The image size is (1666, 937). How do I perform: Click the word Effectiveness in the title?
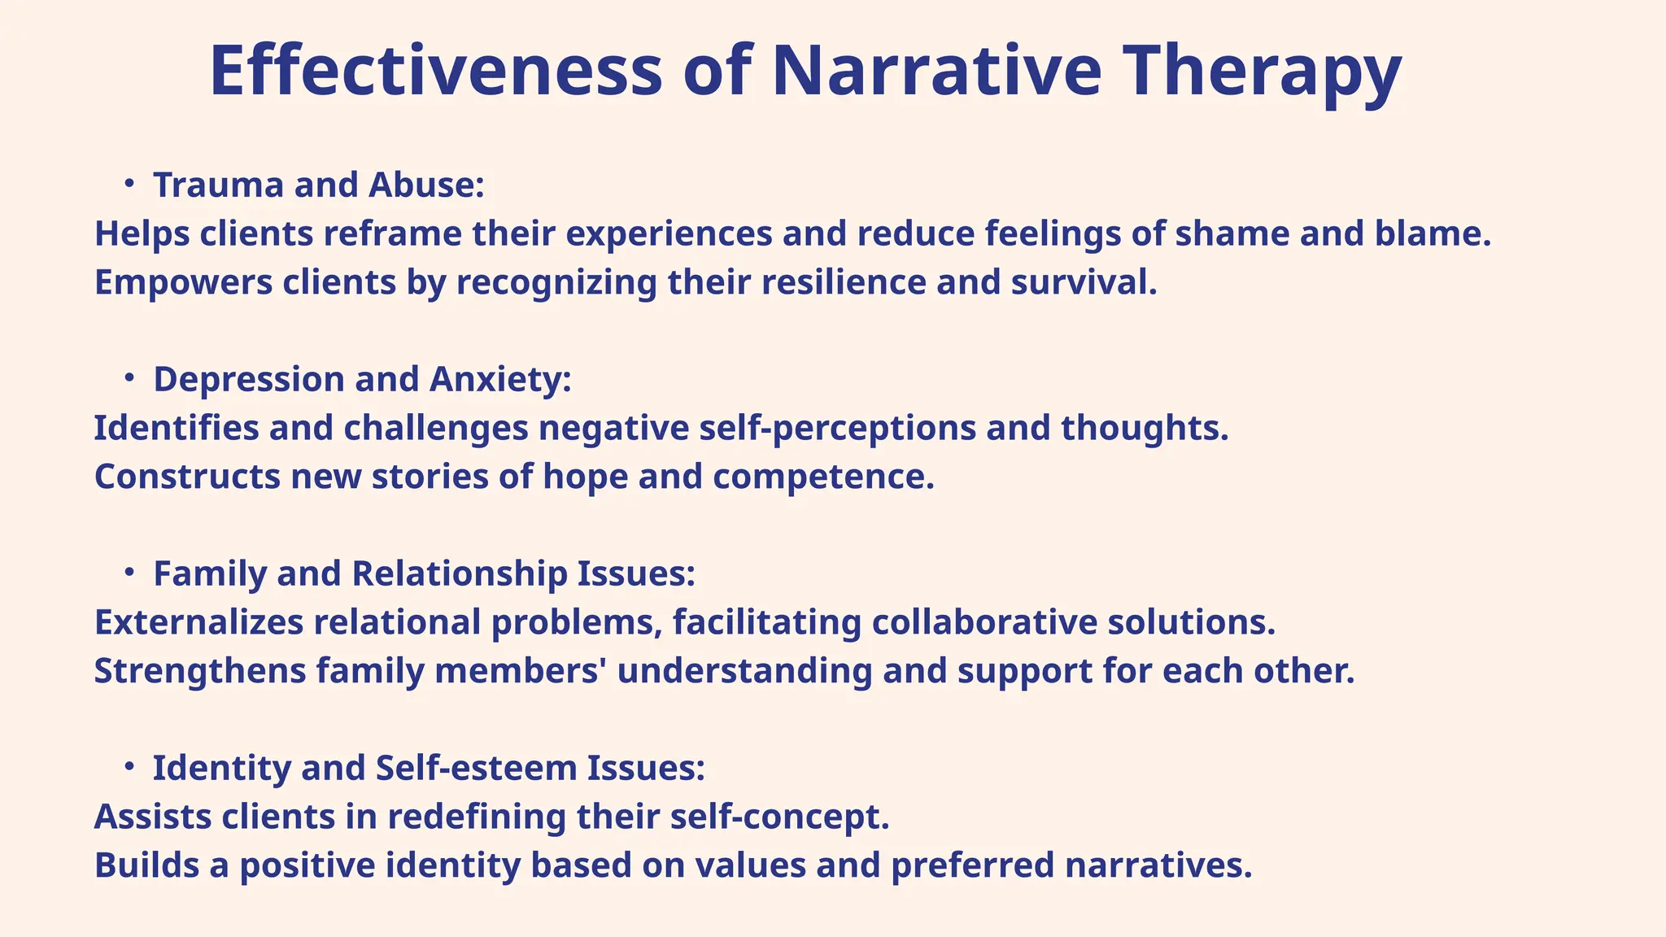pyautogui.click(x=436, y=72)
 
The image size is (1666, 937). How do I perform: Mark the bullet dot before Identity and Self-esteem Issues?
pyautogui.click(x=129, y=767)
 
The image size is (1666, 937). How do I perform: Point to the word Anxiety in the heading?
pyautogui.click(x=500, y=380)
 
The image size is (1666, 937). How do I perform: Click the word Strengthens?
pyautogui.click(x=200, y=672)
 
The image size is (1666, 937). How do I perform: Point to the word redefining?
pyautogui.click(x=476, y=817)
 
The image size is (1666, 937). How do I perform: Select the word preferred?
pyautogui.click(x=973, y=865)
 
